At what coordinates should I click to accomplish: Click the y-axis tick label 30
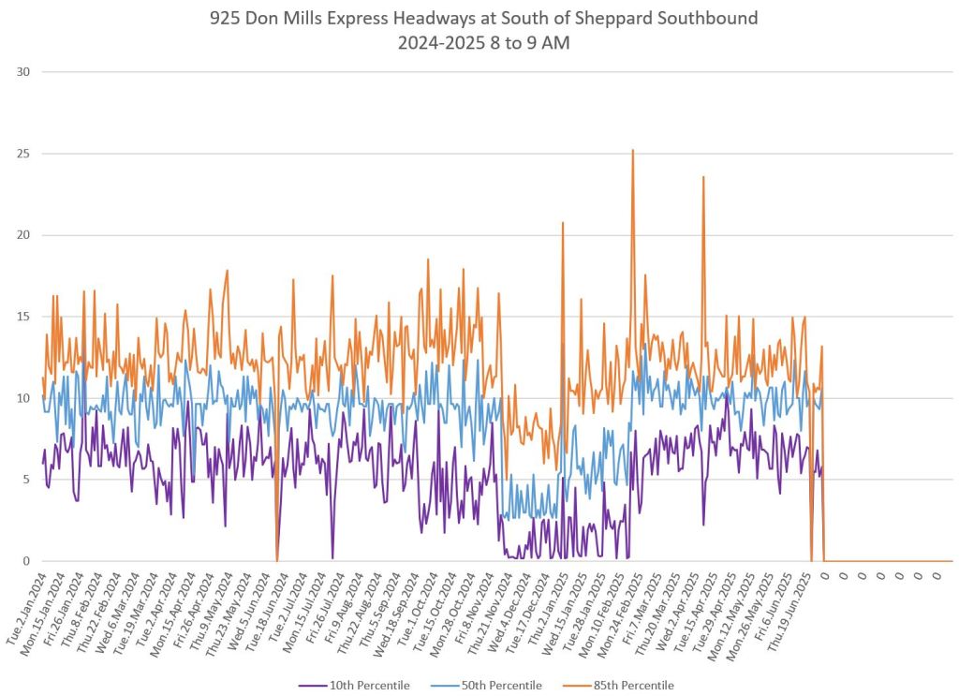[x=22, y=72]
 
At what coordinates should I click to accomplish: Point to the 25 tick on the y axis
[x=22, y=154]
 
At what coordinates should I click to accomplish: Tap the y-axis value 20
[x=22, y=235]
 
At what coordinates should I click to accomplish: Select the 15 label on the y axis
[x=22, y=317]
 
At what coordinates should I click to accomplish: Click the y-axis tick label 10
[x=22, y=398]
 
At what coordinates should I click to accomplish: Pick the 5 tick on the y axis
[x=25, y=480]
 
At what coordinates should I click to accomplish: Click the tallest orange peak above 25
[x=633, y=150]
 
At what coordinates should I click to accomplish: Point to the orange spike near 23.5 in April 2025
[x=703, y=177]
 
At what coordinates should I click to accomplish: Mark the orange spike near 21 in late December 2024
[x=563, y=223]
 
